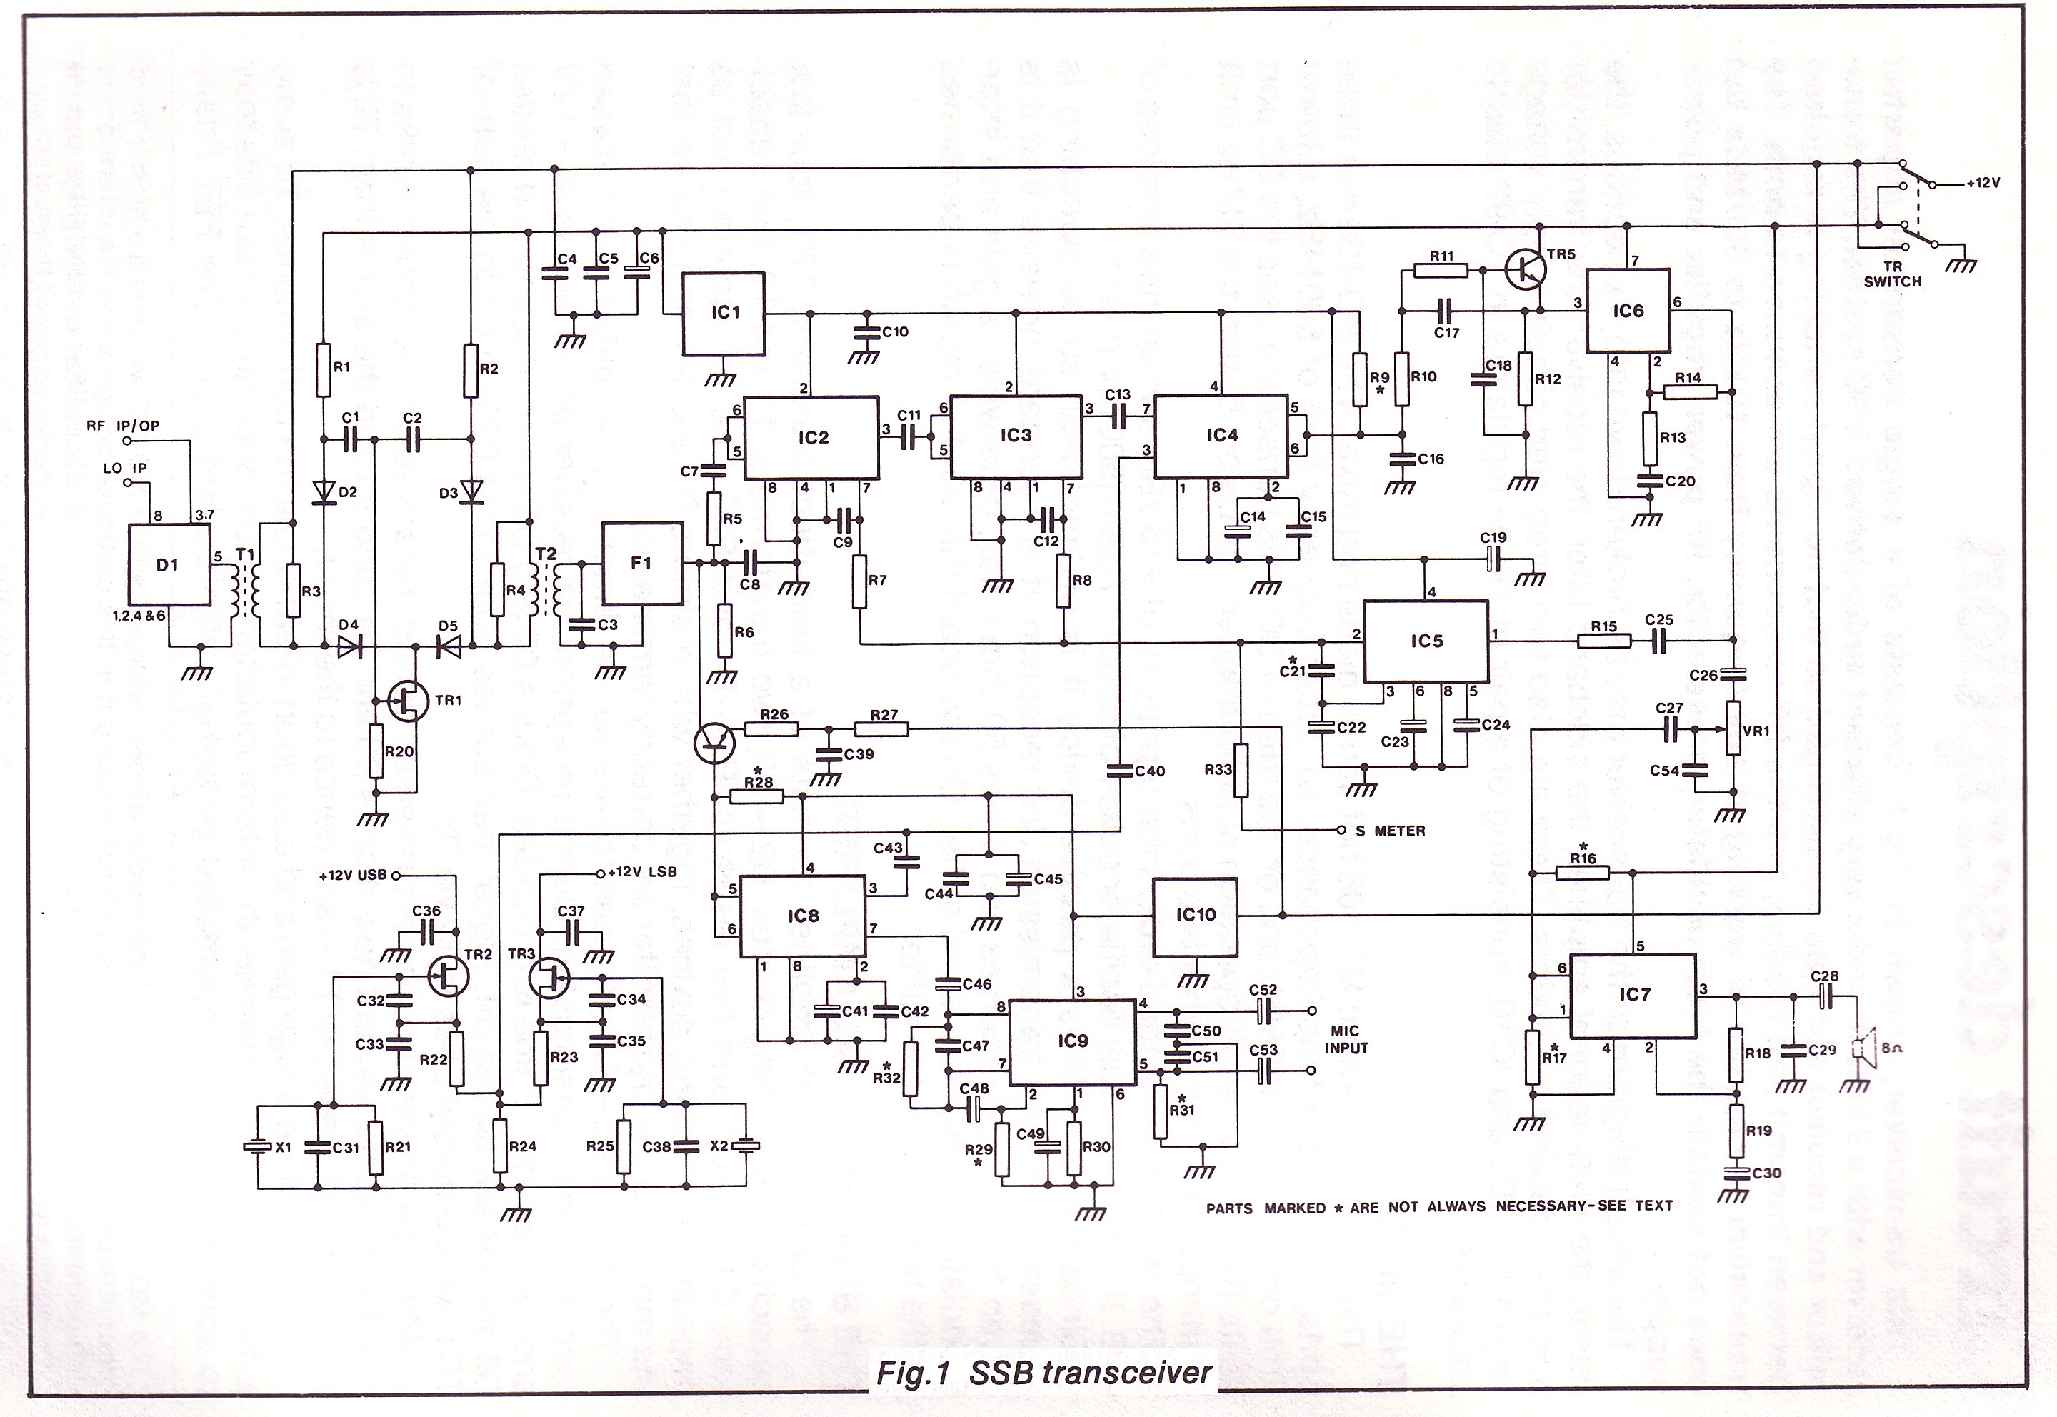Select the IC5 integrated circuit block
tap(1425, 641)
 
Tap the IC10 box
tap(1194, 916)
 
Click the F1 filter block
tap(642, 563)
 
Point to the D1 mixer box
tap(169, 564)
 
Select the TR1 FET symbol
tap(406, 701)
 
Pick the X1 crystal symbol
tap(257, 1147)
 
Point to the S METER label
tap(1391, 831)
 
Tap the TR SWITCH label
tap(1892, 274)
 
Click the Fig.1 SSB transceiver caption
tap(1043, 1373)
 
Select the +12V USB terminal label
tap(352, 876)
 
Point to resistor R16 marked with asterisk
tap(1582, 873)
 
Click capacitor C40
tap(1118, 771)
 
